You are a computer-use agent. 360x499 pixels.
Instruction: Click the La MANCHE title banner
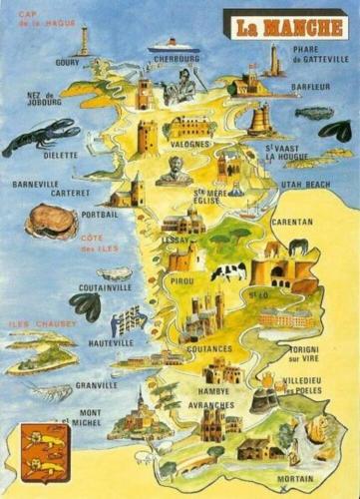(284, 24)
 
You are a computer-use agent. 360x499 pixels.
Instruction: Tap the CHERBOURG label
(179, 60)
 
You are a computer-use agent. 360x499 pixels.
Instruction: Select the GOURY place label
(68, 62)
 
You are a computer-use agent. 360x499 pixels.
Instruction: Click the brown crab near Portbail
(50, 221)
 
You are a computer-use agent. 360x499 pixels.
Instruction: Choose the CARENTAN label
(291, 222)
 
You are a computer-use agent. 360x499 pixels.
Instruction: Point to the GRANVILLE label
(96, 384)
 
